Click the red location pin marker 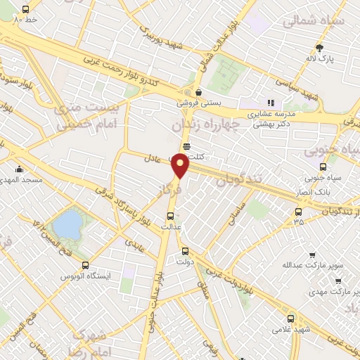tap(181, 166)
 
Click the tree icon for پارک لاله tap(321, 48)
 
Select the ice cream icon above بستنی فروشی tap(199, 92)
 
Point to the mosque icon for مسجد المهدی tap(19, 169)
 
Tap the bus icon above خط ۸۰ tap(25, 10)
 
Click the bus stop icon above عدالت tap(171, 217)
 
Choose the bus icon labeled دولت tap(185, 251)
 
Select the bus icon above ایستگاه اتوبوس tap(86, 266)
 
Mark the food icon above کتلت tap(186, 146)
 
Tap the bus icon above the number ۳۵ tap(299, 212)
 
